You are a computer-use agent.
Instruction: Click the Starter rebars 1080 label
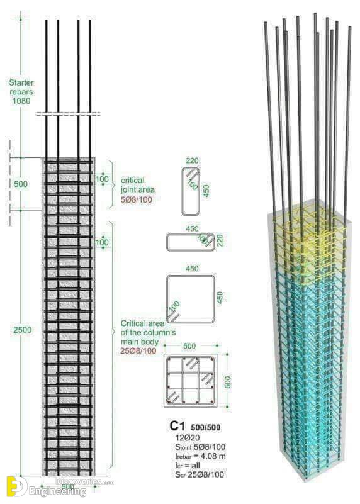click(21, 92)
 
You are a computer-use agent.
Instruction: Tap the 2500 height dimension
click(23, 330)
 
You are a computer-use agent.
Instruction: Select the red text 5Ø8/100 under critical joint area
click(137, 199)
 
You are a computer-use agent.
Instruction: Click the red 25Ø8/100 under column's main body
click(138, 350)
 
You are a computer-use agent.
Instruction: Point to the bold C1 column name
click(177, 426)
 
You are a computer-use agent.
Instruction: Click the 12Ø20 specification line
click(188, 437)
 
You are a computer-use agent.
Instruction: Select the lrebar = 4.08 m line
click(201, 456)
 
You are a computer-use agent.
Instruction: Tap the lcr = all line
click(188, 465)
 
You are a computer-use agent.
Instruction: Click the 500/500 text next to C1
click(206, 427)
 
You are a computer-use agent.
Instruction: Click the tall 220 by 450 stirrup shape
click(182, 191)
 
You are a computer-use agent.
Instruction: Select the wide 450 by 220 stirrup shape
click(190, 234)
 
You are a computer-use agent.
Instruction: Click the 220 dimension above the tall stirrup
click(192, 160)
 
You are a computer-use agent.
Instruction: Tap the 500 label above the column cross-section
click(189, 346)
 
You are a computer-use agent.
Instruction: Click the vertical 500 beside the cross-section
click(227, 382)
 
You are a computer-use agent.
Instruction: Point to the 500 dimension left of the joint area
click(21, 184)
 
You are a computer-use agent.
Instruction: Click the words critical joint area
click(138, 185)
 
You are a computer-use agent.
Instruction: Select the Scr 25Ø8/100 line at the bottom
click(200, 474)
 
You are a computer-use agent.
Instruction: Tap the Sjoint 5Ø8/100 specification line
click(200, 447)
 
